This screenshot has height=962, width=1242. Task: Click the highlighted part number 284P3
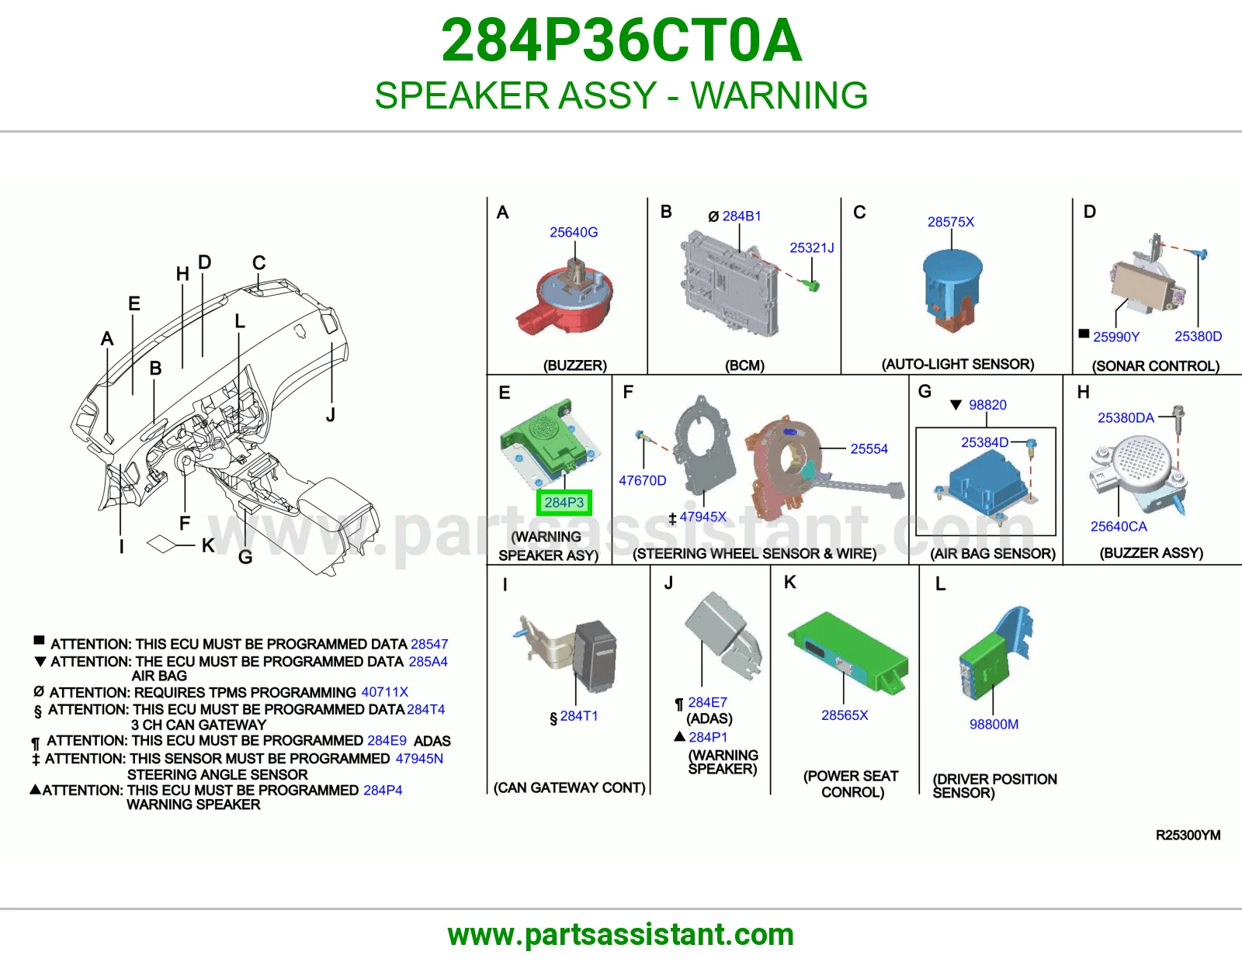point(564,502)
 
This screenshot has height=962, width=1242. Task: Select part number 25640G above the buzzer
point(574,232)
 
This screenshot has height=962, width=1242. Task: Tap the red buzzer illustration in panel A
point(566,297)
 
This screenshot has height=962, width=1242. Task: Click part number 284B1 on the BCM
point(741,216)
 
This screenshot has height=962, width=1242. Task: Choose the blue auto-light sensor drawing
point(952,289)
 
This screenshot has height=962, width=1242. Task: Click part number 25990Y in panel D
point(1115,337)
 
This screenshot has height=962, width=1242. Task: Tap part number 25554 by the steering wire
point(869,448)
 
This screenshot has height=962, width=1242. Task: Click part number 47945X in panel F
point(703,517)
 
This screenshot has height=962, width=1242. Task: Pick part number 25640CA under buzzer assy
point(1118,526)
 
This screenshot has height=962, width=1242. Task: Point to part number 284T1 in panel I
point(578,716)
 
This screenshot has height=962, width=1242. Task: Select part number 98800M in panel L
point(994,724)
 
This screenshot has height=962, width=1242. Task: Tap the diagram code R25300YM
point(1188,836)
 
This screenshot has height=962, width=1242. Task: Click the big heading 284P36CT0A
point(621,40)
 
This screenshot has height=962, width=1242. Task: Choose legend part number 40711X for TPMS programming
point(385,692)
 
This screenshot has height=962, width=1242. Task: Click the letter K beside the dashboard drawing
point(208,545)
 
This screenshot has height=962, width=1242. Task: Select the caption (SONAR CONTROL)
point(1155,365)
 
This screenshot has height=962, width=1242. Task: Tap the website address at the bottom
point(621,935)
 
